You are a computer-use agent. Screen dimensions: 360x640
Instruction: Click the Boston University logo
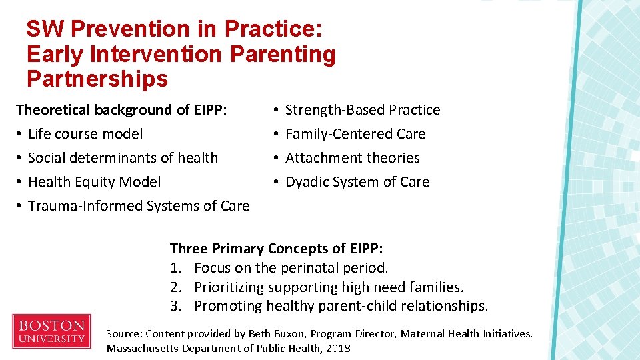click(x=51, y=331)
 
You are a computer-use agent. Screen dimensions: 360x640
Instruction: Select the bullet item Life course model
click(x=85, y=134)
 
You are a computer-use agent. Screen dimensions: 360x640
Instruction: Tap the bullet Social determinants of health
click(x=123, y=158)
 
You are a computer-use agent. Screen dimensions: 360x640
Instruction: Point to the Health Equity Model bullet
click(x=94, y=182)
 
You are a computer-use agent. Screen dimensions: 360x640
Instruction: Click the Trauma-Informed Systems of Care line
click(x=139, y=206)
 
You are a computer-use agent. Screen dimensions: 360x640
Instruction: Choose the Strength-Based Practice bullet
click(x=362, y=110)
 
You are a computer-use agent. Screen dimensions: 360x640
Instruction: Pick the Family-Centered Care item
click(x=355, y=134)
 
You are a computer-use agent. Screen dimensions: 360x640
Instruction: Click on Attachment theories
click(x=352, y=158)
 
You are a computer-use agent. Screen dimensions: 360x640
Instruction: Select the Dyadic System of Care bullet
click(x=357, y=182)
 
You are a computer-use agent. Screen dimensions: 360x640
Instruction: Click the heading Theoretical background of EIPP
click(x=121, y=110)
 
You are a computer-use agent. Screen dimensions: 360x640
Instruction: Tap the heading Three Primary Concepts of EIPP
click(x=276, y=249)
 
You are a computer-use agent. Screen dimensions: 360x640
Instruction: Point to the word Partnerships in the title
click(x=97, y=79)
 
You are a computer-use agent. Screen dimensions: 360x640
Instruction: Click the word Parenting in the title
click(x=283, y=54)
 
